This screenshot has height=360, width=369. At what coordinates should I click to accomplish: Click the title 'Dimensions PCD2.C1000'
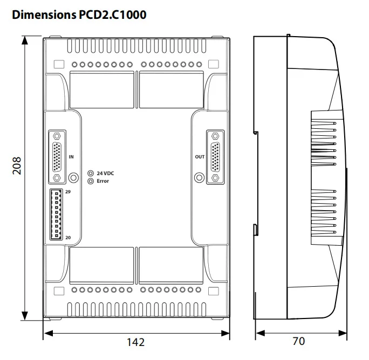pyautogui.click(x=79, y=15)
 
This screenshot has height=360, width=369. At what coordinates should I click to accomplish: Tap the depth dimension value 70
pyautogui.click(x=298, y=342)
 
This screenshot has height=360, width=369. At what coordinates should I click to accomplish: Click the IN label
pyautogui.click(x=71, y=157)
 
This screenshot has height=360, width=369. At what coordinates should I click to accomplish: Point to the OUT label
pyautogui.click(x=200, y=157)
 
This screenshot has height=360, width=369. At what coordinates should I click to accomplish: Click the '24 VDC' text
pyautogui.click(x=105, y=173)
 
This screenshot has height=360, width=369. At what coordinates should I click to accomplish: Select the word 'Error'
pyautogui.click(x=102, y=181)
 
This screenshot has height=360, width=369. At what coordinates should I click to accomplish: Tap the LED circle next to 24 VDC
pyautogui.click(x=91, y=173)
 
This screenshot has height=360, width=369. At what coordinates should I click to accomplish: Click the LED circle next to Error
pyautogui.click(x=91, y=181)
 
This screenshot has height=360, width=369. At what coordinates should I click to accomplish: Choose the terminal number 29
pyautogui.click(x=68, y=192)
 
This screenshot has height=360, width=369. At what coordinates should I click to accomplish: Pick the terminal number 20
pyautogui.click(x=68, y=237)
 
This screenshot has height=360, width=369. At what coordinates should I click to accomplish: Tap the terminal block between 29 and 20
pyautogui.click(x=56, y=214)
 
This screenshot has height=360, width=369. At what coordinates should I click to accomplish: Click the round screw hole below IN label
pyautogui.click(x=73, y=177)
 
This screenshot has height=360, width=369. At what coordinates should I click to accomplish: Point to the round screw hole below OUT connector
pyautogui.click(x=199, y=177)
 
